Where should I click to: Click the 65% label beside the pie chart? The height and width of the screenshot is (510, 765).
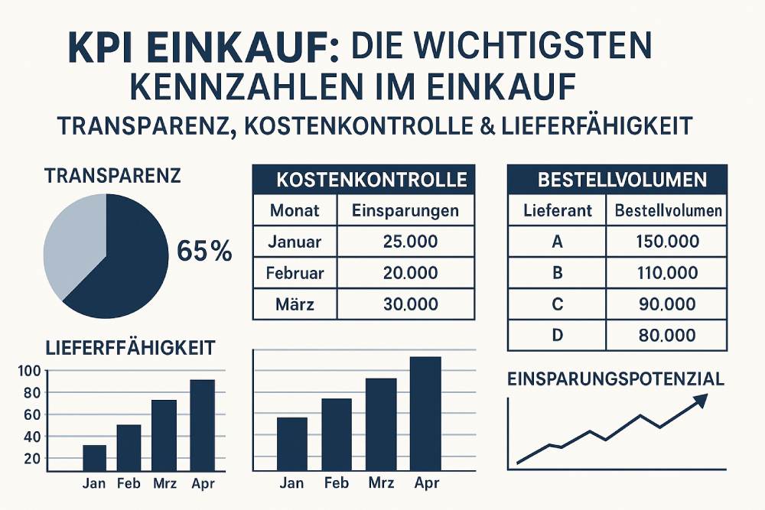[203, 251]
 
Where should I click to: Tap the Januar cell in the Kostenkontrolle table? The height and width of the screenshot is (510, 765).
[295, 243]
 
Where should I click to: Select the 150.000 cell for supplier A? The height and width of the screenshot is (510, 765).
[667, 242]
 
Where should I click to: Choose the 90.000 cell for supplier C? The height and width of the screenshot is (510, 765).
[667, 304]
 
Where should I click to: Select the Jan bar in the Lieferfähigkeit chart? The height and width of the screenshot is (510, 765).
[94, 458]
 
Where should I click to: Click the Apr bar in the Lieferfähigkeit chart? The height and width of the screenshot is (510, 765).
[203, 425]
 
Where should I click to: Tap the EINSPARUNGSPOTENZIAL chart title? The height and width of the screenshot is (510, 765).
[616, 378]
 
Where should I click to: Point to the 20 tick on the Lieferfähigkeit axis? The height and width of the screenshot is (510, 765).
[31, 459]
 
